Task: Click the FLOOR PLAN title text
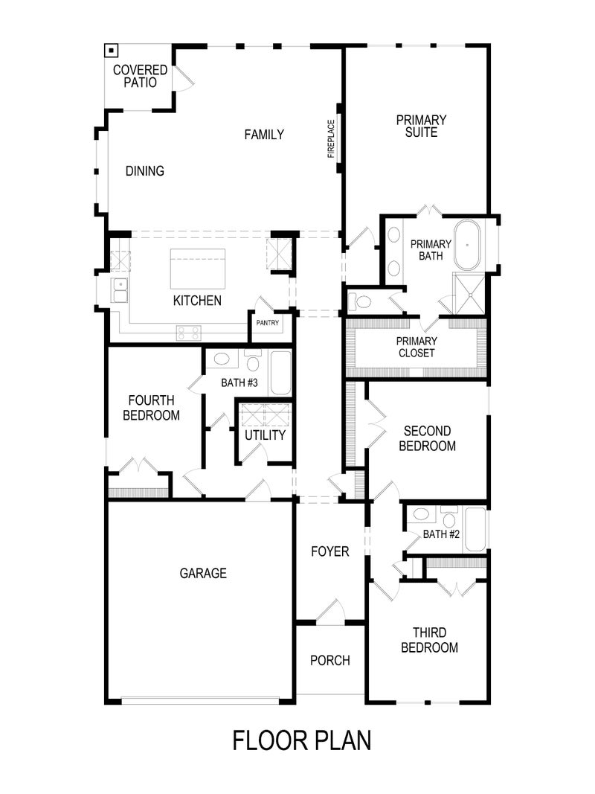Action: point(301,740)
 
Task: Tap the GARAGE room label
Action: point(203,573)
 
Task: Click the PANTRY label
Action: point(268,323)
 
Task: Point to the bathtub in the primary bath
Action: point(468,245)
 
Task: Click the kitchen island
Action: point(197,268)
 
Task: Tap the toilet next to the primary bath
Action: point(362,302)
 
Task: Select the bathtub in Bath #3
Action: point(280,372)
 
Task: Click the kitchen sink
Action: point(120,290)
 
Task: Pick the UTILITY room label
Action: point(266,435)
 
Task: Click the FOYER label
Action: point(329,551)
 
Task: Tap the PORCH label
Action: point(329,660)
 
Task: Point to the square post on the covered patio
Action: point(111,51)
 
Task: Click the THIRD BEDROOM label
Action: point(429,641)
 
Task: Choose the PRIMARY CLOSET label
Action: point(416,347)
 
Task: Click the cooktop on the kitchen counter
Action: point(189,333)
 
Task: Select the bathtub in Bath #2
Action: point(474,529)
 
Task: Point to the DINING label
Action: point(144,171)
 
